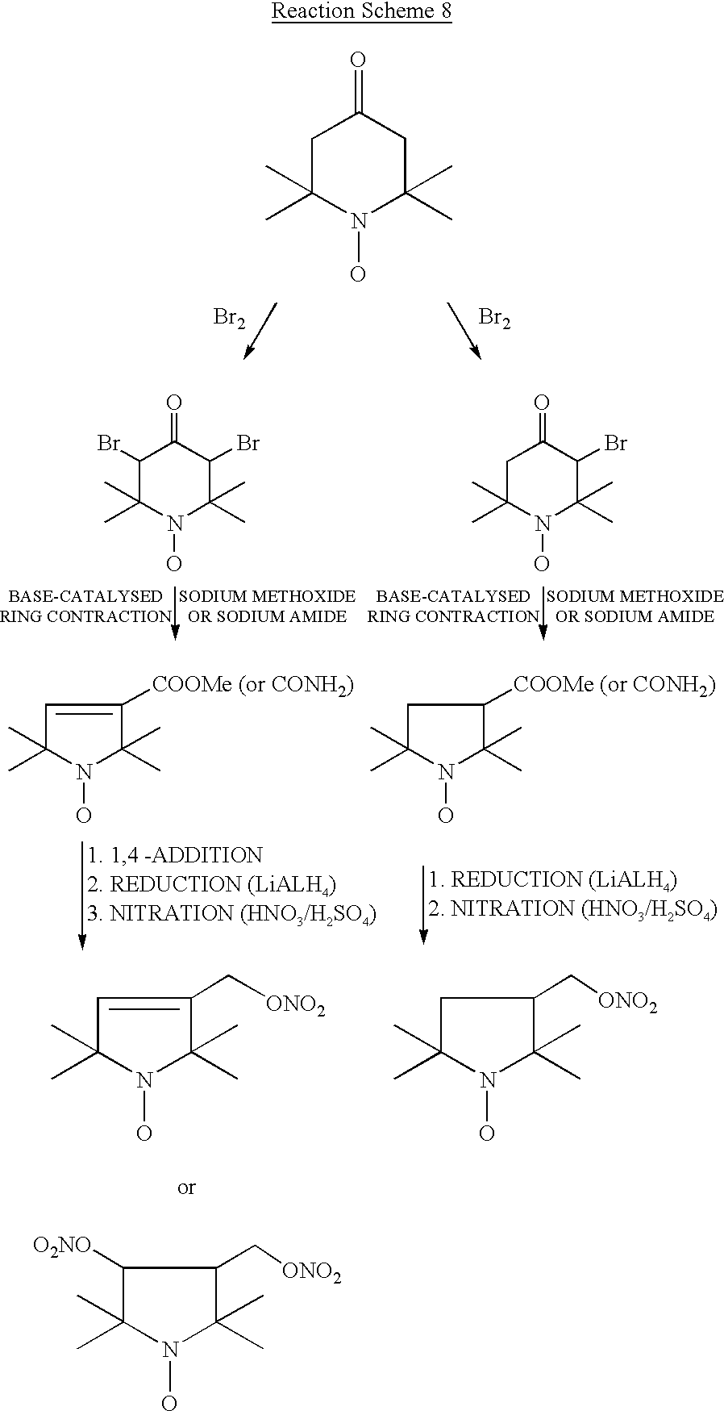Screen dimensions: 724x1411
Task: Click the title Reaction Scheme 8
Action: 361,11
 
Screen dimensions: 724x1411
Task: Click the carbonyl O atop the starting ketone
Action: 359,60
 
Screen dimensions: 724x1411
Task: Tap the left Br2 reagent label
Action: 229,318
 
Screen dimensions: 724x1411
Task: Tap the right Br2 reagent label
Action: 495,318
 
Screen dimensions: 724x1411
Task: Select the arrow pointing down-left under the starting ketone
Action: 260,330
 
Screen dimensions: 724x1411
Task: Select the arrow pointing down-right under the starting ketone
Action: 464,330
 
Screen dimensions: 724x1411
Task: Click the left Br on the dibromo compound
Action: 109,443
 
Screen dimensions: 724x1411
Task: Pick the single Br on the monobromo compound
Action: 616,443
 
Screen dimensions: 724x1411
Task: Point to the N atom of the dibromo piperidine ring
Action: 175,524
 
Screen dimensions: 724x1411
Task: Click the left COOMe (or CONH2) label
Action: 253,686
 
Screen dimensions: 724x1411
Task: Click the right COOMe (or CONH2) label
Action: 614,686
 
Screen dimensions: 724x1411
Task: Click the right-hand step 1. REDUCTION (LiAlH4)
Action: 552,880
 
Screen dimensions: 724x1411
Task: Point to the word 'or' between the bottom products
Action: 186,1188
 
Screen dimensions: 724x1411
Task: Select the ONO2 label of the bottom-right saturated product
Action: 628,1002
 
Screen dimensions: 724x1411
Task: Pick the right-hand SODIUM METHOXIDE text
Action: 635,596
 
